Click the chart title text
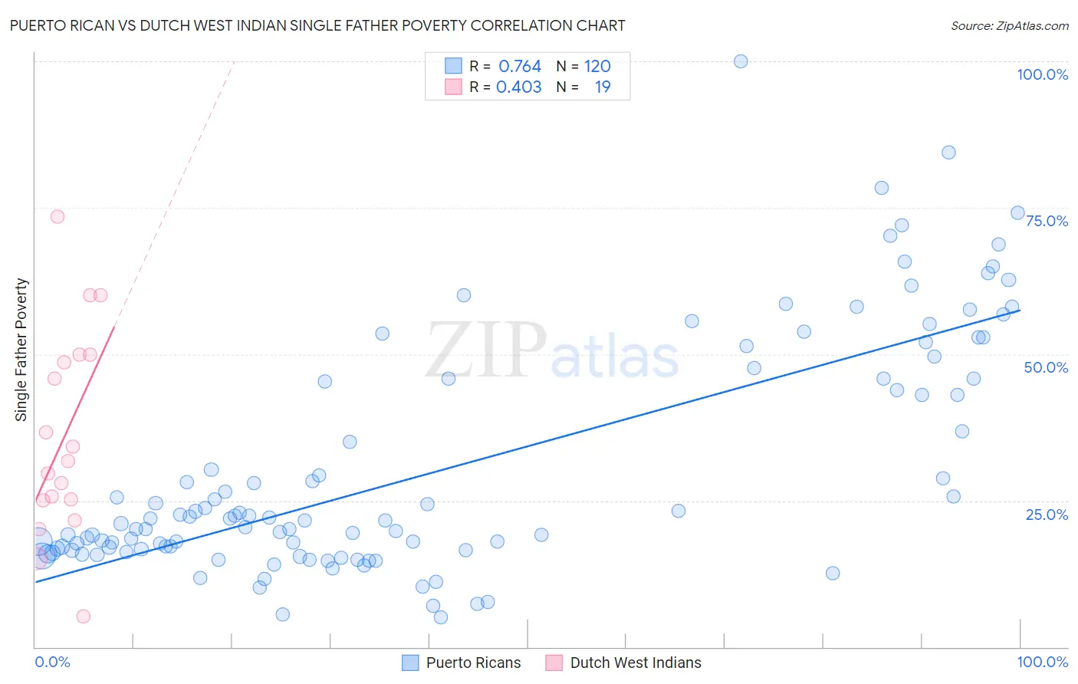point(317,25)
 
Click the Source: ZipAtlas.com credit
point(1009,25)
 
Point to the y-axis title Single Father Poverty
point(21,350)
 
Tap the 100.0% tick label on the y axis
point(1042,74)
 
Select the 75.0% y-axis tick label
point(1047,221)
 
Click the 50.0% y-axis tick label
point(1046,367)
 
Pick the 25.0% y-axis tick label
point(1047,514)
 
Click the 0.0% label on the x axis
point(52,662)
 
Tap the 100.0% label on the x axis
point(1042,662)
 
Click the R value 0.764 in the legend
point(520,66)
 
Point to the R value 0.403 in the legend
point(519,87)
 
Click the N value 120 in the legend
point(597,66)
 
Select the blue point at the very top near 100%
point(741,61)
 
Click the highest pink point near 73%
point(58,216)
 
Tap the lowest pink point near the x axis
point(84,617)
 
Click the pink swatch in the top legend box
point(454,87)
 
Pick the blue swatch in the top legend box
point(454,66)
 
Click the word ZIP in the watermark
point(486,350)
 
